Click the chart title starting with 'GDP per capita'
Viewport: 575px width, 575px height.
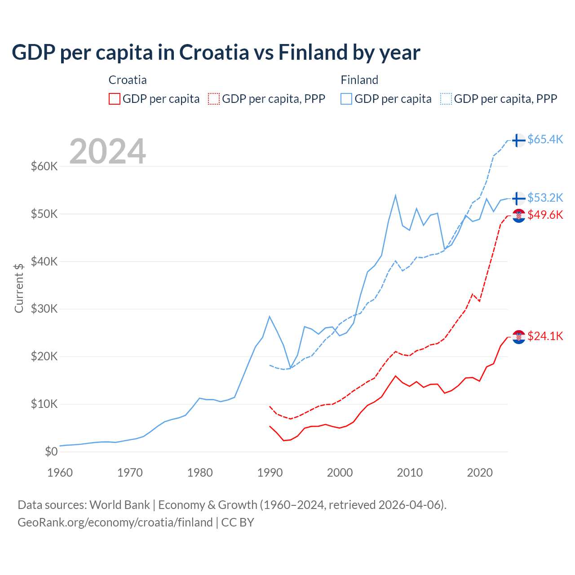coord(216,53)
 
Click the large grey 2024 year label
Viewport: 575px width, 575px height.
coord(108,151)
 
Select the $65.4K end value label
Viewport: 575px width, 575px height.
coord(545,140)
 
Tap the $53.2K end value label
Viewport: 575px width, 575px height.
coord(545,198)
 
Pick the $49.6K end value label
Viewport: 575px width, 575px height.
coord(545,215)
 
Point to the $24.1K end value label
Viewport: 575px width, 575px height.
coord(545,336)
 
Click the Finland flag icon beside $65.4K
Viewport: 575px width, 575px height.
coord(519,140)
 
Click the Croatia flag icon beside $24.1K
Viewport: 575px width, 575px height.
coord(519,337)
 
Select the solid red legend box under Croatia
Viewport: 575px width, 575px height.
coord(115,99)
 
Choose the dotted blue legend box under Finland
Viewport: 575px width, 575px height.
coord(446,99)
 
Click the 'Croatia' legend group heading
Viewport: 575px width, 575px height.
coord(128,80)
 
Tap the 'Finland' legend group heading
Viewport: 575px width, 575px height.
coord(359,80)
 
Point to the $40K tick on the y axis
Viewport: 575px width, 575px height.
coord(44,261)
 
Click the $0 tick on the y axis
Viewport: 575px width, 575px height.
coord(51,451)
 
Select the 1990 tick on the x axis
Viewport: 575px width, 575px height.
coord(270,473)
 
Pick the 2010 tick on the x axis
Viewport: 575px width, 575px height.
coord(410,473)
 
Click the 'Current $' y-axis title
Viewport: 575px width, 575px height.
coord(19,287)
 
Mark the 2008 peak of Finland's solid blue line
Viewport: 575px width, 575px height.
coord(395,195)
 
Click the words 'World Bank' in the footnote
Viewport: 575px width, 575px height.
coord(119,505)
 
